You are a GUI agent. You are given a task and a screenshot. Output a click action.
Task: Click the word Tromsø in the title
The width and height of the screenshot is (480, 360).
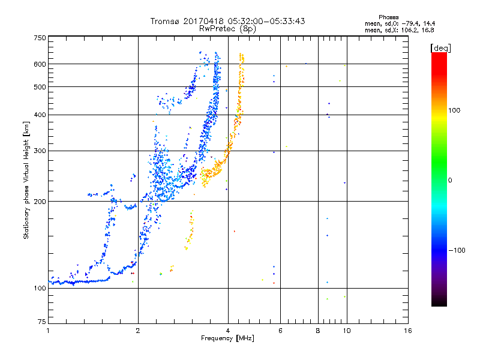(x=166, y=21)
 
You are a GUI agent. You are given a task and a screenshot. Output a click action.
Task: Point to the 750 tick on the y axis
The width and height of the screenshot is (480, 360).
(x=40, y=38)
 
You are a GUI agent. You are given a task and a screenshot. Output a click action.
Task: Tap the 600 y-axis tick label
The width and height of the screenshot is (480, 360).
(x=40, y=64)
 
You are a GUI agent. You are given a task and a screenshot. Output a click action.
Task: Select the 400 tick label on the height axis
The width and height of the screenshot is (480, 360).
(x=40, y=115)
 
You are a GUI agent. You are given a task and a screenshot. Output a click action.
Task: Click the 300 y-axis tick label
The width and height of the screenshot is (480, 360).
(x=40, y=151)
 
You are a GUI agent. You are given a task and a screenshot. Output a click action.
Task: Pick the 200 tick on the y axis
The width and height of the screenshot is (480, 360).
(x=40, y=202)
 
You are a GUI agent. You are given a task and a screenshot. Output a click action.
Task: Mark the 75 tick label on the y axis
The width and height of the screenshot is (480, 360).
(x=41, y=322)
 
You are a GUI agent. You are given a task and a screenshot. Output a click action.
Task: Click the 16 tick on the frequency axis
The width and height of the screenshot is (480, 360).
(x=407, y=331)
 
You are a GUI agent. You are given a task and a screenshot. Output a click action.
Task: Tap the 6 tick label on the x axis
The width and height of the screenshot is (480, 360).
(x=281, y=331)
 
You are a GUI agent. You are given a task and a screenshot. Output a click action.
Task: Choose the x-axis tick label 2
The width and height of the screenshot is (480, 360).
(x=138, y=331)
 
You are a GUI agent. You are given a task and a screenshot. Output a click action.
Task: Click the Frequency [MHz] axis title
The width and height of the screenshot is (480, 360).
(x=227, y=338)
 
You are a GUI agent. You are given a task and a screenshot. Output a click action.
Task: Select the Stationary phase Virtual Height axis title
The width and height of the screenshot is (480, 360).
(x=26, y=180)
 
